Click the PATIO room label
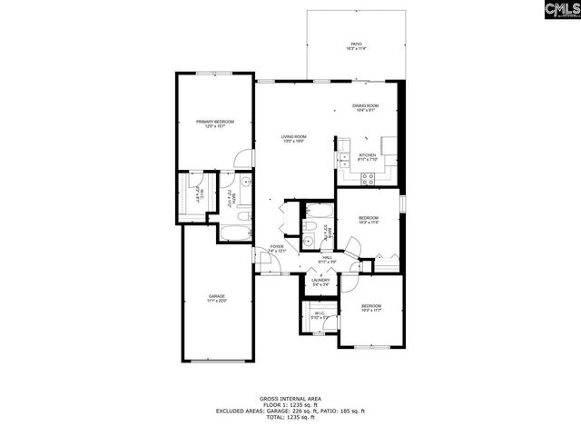(357, 45)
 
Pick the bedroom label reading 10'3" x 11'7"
(370, 307)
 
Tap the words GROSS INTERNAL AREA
(290, 399)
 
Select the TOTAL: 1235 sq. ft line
(290, 418)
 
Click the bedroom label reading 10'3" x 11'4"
(368, 221)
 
